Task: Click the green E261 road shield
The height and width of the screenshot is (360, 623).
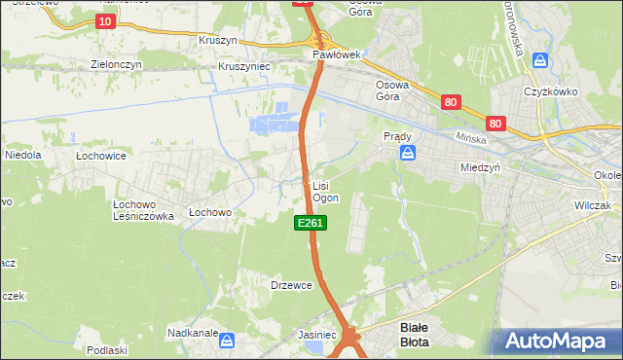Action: (x=311, y=224)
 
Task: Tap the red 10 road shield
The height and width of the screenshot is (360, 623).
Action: (x=105, y=20)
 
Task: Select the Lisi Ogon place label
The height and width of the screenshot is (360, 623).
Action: (x=325, y=191)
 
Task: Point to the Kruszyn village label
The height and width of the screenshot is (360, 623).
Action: (x=218, y=43)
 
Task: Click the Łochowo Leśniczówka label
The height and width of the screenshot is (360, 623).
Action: (x=143, y=211)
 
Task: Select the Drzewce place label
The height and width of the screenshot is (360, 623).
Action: (x=290, y=285)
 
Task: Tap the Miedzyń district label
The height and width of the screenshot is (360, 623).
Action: (x=480, y=167)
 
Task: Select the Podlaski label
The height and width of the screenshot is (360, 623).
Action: (x=107, y=350)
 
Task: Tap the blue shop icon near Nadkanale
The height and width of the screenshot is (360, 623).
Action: (x=227, y=340)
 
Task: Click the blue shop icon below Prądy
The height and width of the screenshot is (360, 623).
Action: (x=409, y=152)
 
